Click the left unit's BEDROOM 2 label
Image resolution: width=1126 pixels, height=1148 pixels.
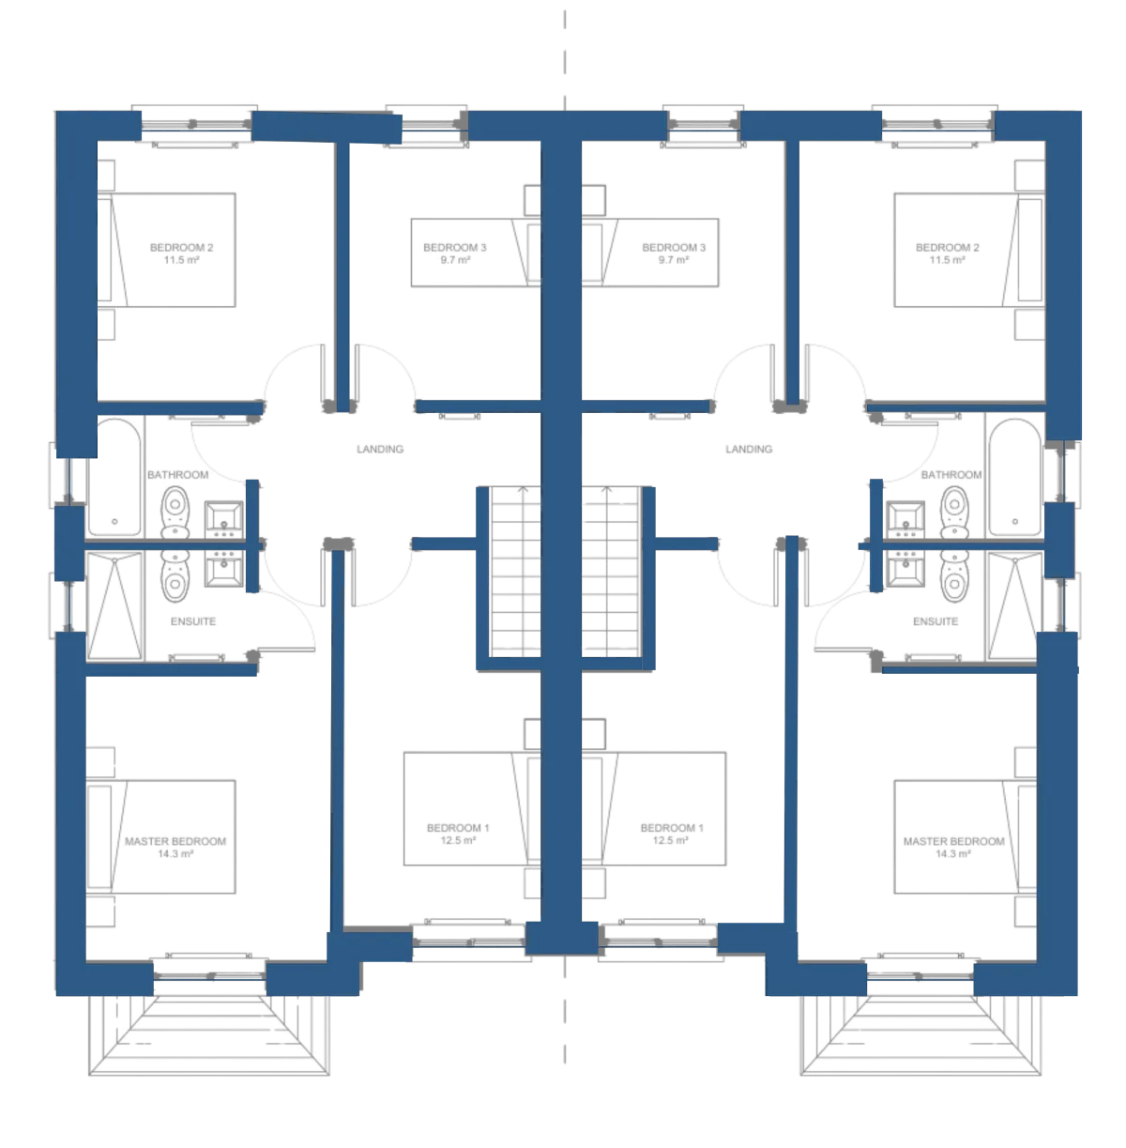click(x=181, y=247)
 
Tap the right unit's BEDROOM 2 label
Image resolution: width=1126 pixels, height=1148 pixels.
click(x=948, y=247)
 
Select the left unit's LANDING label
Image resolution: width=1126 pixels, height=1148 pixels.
click(x=380, y=450)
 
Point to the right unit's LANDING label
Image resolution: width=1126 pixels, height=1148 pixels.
click(x=749, y=450)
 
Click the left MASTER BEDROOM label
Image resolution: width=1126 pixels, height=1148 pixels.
click(x=175, y=841)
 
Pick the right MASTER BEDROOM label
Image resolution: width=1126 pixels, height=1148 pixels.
click(x=954, y=841)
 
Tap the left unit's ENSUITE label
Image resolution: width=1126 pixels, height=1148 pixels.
click(x=193, y=621)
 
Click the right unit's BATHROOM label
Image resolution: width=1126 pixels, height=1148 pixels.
click(x=951, y=475)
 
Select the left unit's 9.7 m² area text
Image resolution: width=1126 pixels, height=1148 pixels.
click(x=456, y=260)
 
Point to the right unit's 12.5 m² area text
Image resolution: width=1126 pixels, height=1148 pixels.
click(x=670, y=840)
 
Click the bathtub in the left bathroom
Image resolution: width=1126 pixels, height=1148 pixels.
click(x=114, y=477)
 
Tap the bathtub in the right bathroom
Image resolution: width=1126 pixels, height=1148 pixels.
click(x=1015, y=477)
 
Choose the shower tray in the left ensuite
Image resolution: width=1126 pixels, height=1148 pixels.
click(x=114, y=605)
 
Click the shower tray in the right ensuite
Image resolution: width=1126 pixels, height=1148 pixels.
click(x=1014, y=605)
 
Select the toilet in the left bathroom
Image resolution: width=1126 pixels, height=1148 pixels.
click(x=175, y=513)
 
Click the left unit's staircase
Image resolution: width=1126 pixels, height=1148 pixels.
click(x=516, y=572)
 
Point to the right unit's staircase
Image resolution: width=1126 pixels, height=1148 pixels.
click(x=612, y=572)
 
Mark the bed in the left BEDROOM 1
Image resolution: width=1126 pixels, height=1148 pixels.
click(x=472, y=808)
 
